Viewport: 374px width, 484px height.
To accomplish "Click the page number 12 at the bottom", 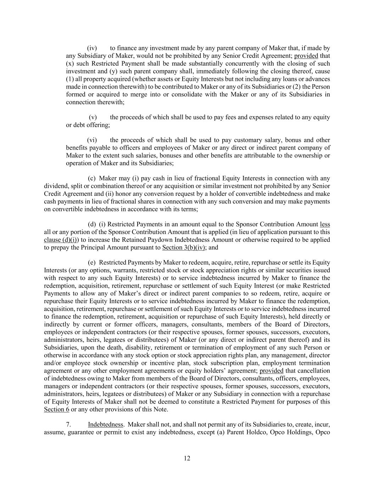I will pos(187,458).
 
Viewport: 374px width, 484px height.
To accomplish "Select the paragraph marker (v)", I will pos(93,117).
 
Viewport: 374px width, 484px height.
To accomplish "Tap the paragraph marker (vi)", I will pos(92,140).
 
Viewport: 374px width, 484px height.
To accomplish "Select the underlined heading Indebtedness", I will pos(106,425).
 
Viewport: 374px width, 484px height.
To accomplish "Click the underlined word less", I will pos(325,224).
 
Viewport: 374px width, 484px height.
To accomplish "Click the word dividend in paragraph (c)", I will pos(56,186).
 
